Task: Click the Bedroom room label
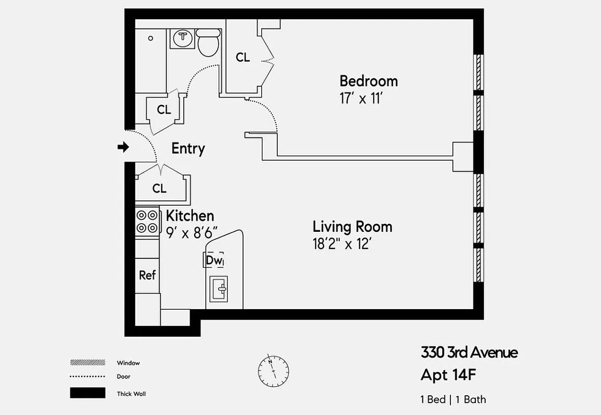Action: (368, 81)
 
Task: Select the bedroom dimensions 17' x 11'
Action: (361, 99)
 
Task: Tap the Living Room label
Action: (352, 227)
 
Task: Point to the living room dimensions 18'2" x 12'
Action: (342, 244)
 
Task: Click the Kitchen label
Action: (190, 216)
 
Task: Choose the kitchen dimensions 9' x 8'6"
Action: (192, 233)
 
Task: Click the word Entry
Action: (188, 149)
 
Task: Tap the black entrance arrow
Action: (123, 147)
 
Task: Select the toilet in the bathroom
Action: (208, 43)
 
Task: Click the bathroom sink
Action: (182, 38)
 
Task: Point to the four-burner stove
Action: (147, 221)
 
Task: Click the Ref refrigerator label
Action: (147, 275)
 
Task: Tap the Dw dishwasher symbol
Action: (213, 260)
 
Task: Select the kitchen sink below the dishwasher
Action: (218, 288)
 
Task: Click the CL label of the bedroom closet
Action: (243, 58)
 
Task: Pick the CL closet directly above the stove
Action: (159, 189)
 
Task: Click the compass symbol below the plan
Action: (273, 370)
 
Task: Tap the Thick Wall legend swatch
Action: (87, 393)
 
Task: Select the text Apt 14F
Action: (448, 375)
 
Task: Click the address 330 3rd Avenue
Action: (469, 353)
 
